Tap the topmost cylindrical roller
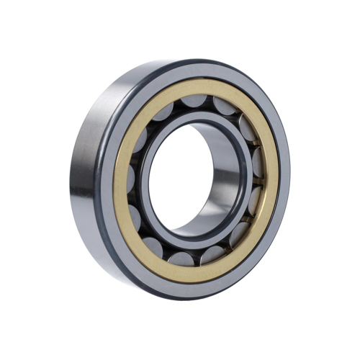[x=195, y=102]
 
